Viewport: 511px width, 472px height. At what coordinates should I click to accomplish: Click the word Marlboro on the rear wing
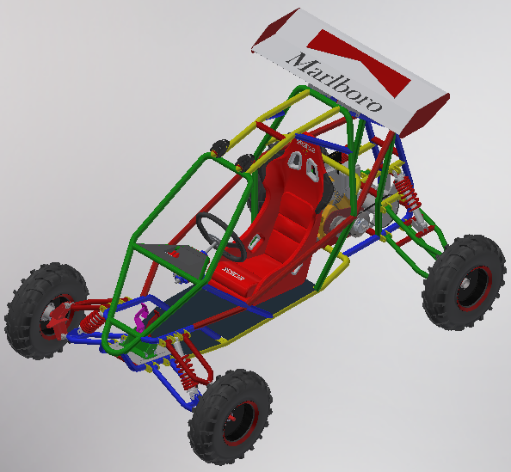335,83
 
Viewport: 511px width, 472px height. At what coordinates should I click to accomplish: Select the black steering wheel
214,230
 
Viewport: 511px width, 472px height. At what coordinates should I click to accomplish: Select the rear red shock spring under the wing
409,199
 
